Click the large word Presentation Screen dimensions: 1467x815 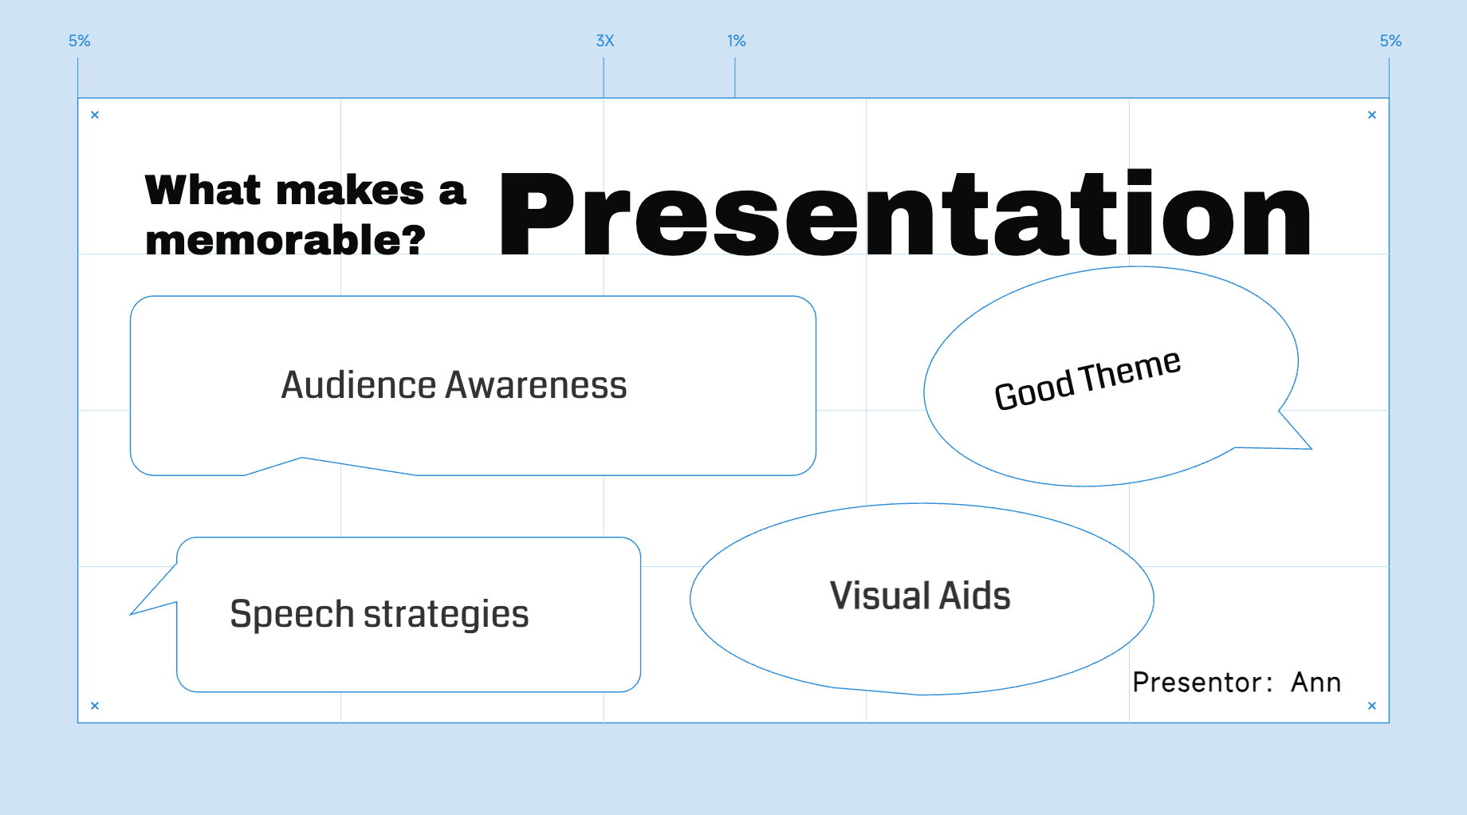coord(905,213)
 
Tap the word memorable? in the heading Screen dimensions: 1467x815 coord(285,240)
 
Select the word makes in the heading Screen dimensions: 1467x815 coord(350,191)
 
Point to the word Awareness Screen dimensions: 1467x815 coord(536,385)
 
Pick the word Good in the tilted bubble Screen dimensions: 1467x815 coord(1034,391)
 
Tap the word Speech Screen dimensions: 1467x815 coord(292,615)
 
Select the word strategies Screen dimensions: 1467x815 coord(446,615)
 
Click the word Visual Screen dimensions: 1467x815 coord(880,596)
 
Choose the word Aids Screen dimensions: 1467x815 coord(976,596)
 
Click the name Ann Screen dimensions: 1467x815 coord(1316,683)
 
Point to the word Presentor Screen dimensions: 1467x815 coord(1198,683)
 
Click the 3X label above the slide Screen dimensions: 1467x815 coord(605,41)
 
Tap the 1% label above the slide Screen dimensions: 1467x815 coord(737,41)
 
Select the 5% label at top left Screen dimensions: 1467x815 coord(80,41)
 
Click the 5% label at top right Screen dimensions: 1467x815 coord(1391,41)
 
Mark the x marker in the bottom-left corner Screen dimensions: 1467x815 coord(95,706)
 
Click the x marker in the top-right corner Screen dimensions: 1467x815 coord(1372,115)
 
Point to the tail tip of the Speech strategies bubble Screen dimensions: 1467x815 coord(131,614)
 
